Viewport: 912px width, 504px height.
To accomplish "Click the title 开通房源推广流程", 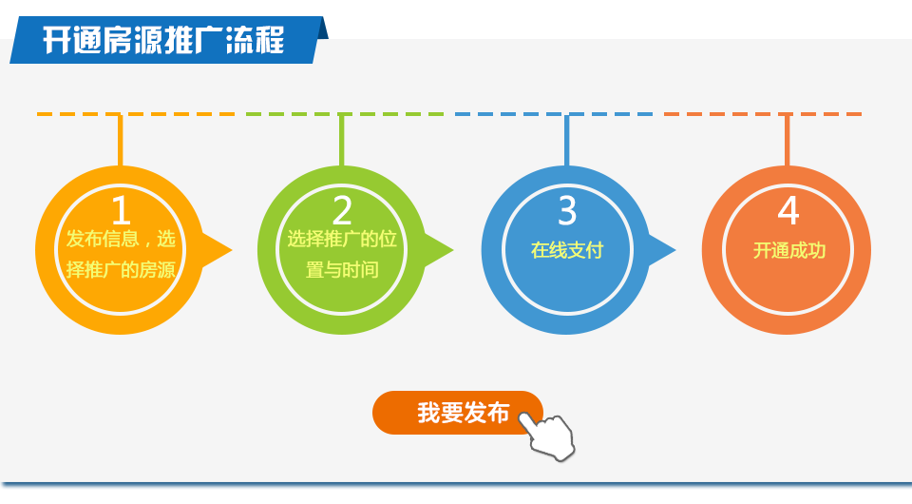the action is [163, 40].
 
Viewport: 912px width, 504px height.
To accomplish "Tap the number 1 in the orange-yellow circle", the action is [121, 210].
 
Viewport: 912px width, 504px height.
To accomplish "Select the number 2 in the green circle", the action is [342, 210].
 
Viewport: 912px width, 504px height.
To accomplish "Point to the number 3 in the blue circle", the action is [567, 210].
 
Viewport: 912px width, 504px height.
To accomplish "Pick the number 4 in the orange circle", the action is [788, 210].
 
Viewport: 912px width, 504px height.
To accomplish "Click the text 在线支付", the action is [567, 250].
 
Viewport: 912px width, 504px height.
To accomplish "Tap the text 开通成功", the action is [789, 250].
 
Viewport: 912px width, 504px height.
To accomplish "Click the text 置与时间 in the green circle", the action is [342, 269].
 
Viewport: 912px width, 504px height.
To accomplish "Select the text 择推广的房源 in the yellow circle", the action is [121, 269].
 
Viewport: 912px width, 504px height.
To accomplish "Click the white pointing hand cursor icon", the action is [547, 436].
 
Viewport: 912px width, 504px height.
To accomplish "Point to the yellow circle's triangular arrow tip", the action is [232, 251].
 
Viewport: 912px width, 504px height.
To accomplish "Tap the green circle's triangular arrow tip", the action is [453, 251].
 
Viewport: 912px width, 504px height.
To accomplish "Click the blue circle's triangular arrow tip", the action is [675, 251].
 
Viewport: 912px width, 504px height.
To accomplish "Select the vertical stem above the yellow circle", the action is [121, 141].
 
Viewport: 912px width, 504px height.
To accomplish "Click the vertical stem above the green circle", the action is [341, 141].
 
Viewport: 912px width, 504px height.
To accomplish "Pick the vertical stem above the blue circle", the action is [566, 141].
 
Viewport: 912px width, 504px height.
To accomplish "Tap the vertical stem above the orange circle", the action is [787, 141].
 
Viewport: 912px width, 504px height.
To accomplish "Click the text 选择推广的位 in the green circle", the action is [342, 239].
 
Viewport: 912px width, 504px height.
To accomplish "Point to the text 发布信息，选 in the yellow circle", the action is [121, 239].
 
